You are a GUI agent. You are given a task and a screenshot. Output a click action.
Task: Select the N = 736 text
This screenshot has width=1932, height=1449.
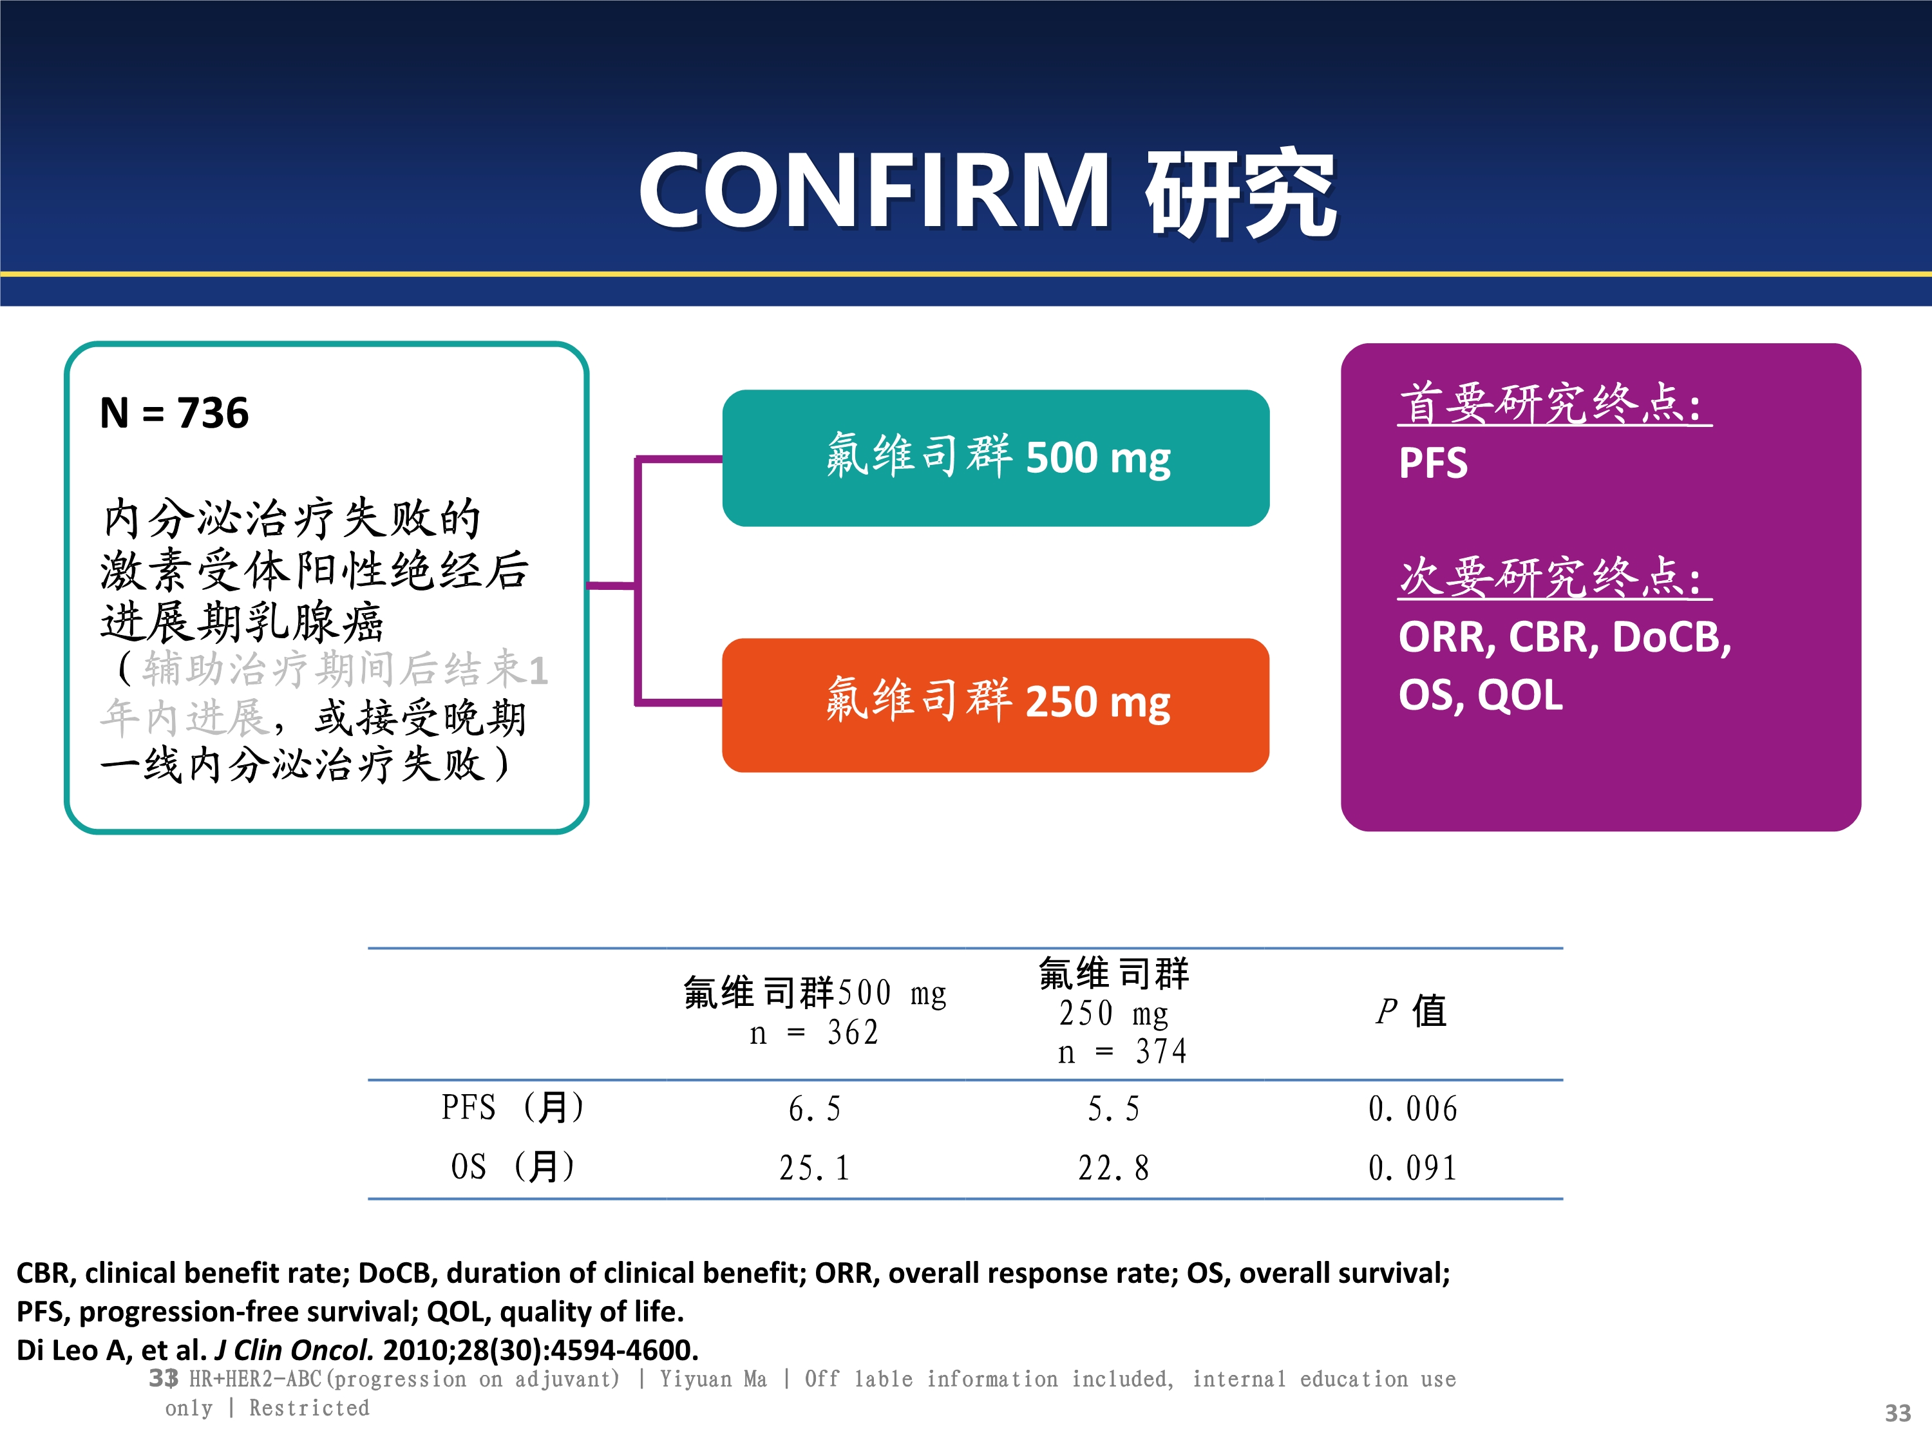coord(175,412)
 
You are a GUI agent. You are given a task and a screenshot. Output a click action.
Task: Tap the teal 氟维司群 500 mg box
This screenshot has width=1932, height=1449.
coord(996,458)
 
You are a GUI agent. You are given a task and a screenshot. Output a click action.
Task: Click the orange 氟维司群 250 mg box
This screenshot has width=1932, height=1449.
coord(996,705)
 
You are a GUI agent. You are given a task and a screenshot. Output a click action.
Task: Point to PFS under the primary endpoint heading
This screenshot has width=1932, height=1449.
coord(1434,463)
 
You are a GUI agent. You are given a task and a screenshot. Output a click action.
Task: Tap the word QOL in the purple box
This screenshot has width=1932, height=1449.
coord(1520,696)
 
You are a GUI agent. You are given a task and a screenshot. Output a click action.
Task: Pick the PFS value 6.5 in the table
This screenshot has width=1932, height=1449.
coord(814,1109)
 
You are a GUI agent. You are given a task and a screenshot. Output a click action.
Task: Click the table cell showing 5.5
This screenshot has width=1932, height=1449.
coord(1113,1109)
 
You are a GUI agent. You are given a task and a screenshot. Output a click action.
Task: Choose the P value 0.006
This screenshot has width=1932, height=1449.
coord(1412,1109)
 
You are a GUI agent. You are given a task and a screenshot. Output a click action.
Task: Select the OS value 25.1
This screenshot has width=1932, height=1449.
coord(814,1168)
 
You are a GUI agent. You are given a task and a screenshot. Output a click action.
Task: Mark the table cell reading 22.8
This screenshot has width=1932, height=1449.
coord(1113,1168)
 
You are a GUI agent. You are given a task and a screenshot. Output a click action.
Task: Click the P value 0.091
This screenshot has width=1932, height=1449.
coord(1412,1168)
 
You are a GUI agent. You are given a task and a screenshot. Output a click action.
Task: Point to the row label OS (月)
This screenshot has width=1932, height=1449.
coord(513,1167)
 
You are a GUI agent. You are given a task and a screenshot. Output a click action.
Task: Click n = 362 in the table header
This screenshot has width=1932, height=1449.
coord(814,1033)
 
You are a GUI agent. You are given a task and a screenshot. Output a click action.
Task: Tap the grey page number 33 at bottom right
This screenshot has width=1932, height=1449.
coord(1898,1413)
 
